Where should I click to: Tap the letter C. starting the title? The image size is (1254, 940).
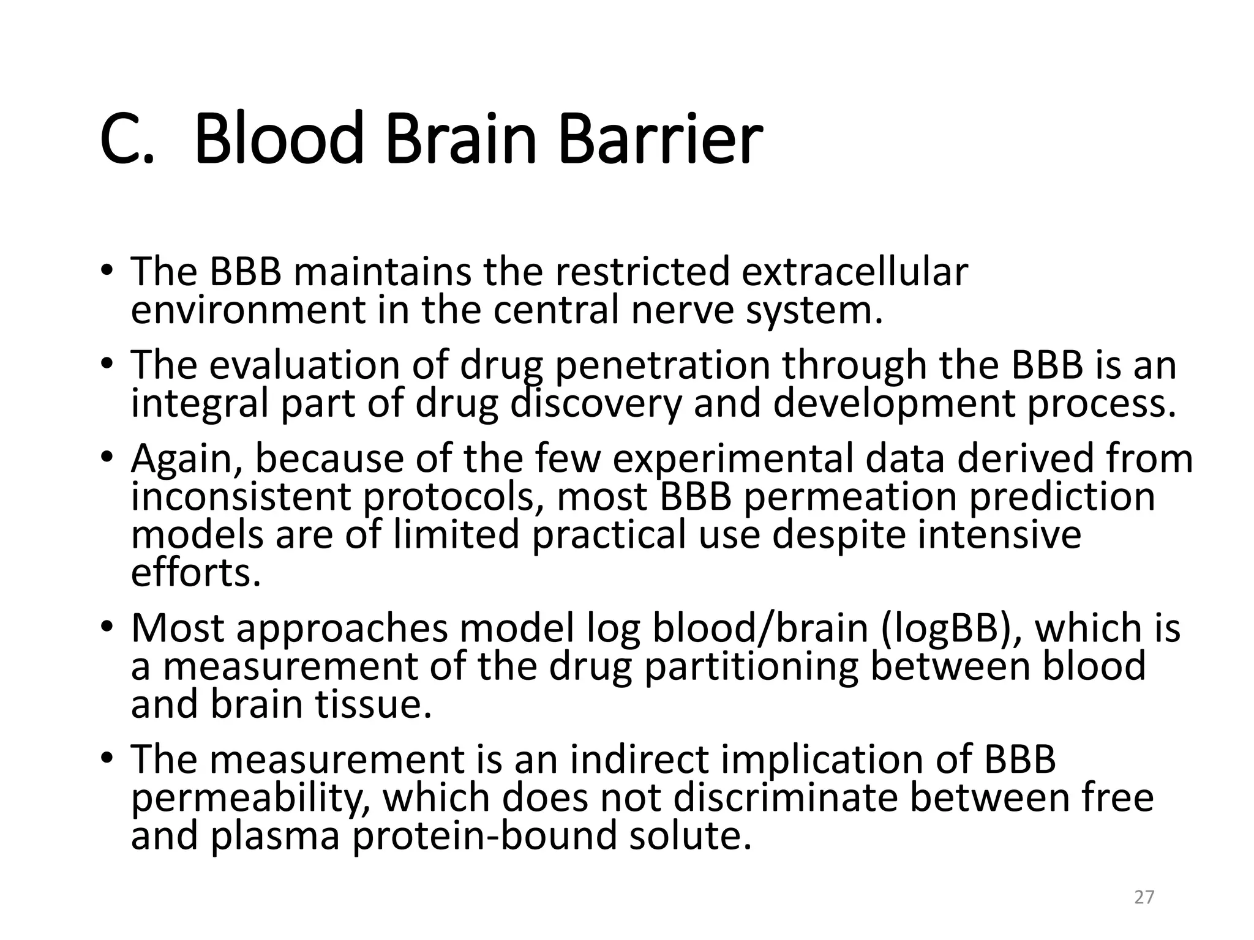point(126,140)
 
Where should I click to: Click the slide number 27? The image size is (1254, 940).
point(1144,897)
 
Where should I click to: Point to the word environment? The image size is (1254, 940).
point(248,311)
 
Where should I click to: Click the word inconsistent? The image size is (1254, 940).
point(241,496)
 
